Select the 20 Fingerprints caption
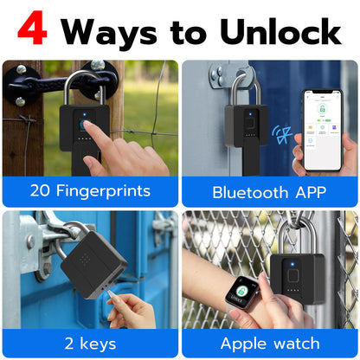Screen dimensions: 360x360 coord(89,190)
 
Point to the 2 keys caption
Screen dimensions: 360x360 coord(89,343)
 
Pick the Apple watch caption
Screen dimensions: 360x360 coord(268,343)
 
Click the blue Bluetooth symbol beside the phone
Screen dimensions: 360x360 coord(281,134)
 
